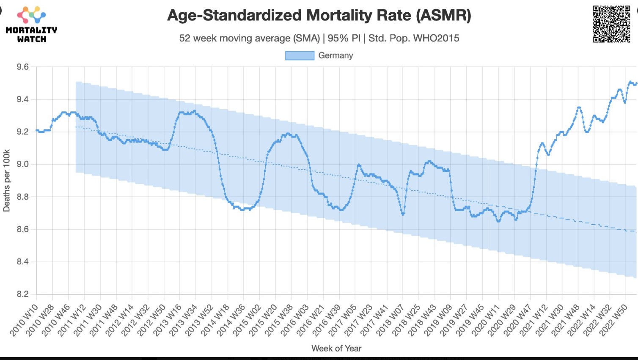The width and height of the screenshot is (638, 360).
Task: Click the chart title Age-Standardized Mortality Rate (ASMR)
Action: pos(319,16)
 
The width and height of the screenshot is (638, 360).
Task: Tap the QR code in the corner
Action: pos(611,24)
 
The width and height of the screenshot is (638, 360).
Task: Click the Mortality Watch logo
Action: pos(31,25)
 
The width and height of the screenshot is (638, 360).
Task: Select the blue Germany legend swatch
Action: pos(300,55)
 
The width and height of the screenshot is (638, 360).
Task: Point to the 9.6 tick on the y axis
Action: pos(23,67)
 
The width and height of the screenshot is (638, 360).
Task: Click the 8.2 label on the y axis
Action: pos(23,294)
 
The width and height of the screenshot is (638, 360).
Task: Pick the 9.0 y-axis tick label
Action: pos(23,165)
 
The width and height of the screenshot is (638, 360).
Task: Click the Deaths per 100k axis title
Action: pos(6,180)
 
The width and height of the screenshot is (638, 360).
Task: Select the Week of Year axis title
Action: pos(336,349)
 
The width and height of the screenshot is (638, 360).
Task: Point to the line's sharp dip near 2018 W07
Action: pos(403,214)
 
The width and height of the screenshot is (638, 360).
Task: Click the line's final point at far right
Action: pos(636,83)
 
